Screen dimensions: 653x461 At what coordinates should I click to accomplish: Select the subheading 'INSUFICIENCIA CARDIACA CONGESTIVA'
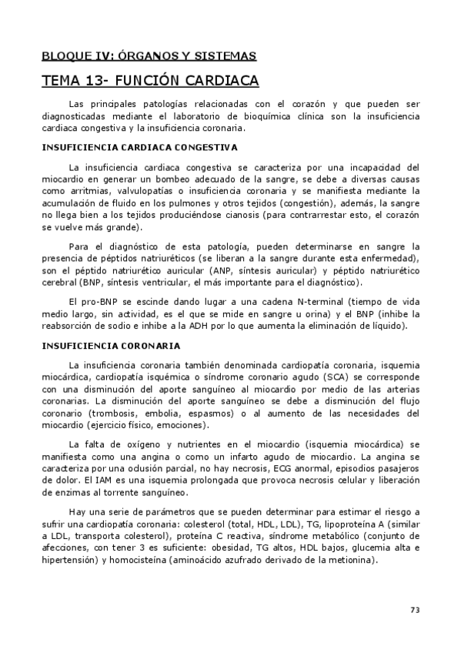pos(139,146)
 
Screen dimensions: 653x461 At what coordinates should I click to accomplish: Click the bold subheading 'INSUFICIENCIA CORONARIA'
pos(111,345)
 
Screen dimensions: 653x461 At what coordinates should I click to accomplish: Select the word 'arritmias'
pos(85,190)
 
